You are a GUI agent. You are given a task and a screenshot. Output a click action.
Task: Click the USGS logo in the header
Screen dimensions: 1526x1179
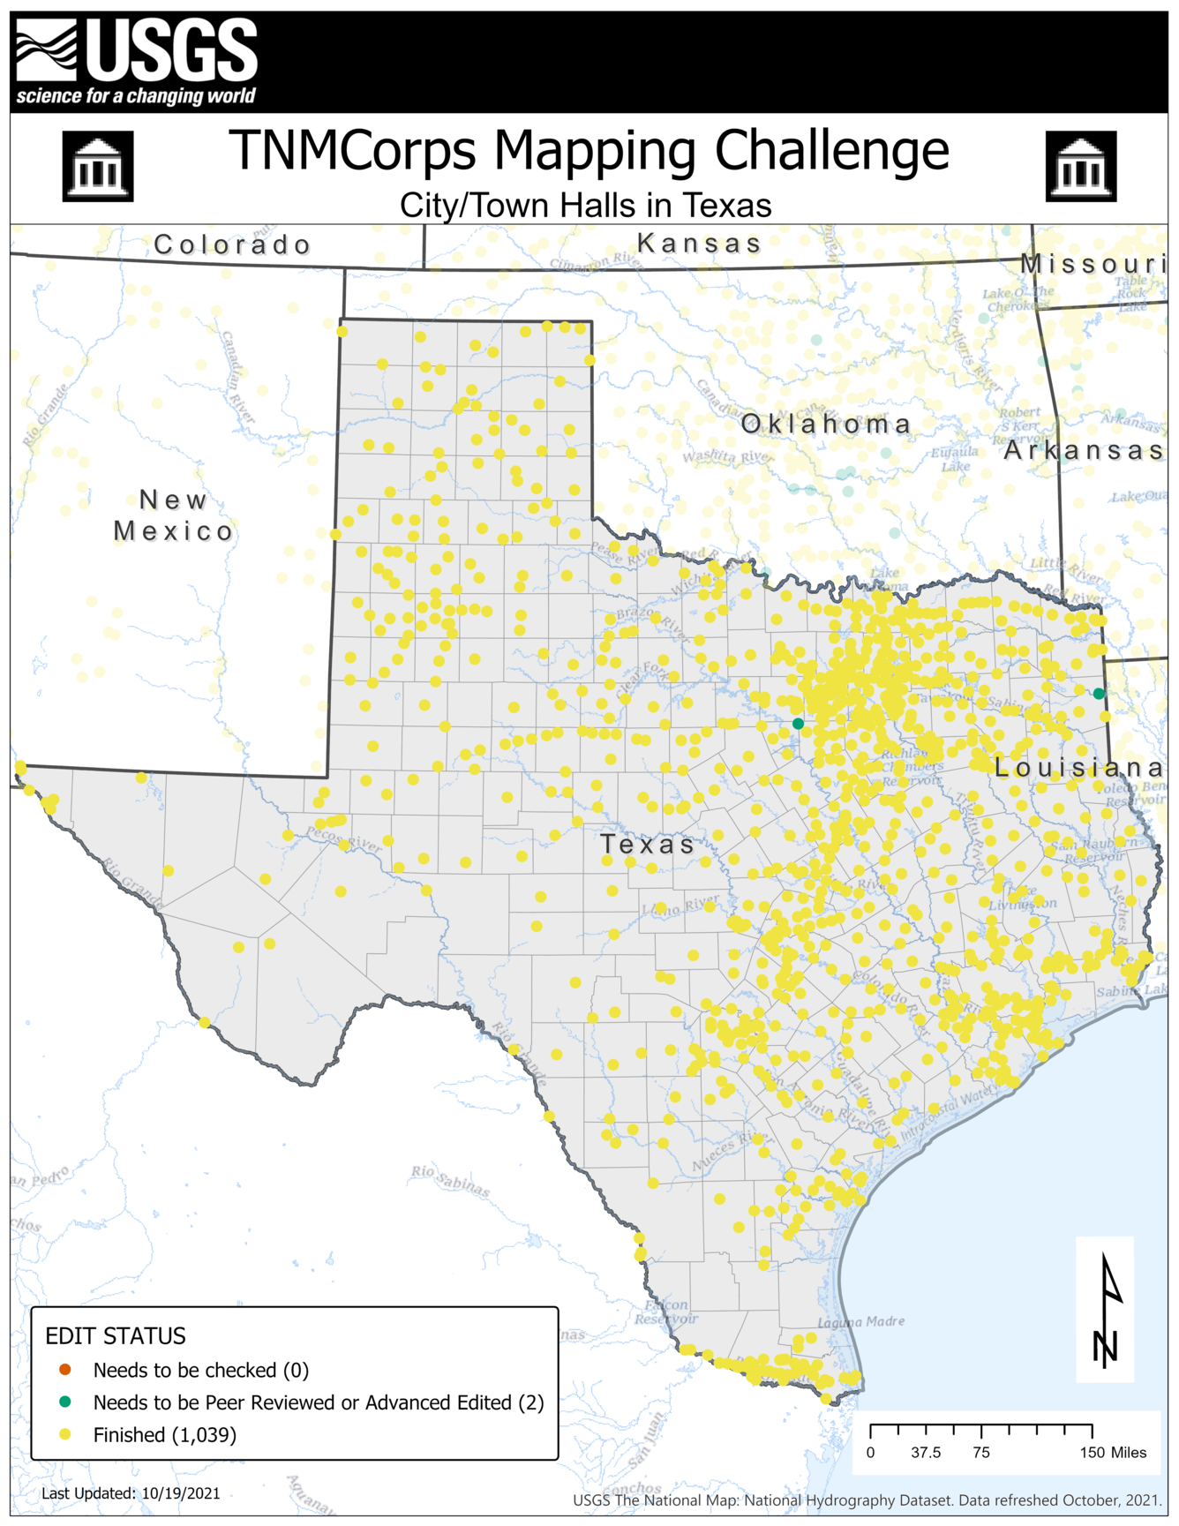(137, 62)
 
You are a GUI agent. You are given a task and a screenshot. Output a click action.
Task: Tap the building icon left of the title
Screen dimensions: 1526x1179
(98, 166)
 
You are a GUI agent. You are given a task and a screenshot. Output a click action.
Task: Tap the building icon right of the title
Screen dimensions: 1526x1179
(1081, 166)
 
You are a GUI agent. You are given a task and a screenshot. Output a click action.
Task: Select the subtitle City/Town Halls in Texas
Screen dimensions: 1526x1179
(585, 206)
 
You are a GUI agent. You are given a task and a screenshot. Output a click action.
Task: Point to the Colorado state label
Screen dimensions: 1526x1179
(232, 244)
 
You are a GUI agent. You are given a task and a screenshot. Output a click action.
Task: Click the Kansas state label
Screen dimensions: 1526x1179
(699, 243)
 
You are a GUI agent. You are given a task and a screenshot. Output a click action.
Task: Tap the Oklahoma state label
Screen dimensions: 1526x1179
(826, 425)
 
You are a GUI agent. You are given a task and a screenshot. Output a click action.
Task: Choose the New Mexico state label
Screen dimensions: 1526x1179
(173, 515)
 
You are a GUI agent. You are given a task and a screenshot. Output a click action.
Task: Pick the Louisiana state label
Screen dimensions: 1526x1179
(1078, 768)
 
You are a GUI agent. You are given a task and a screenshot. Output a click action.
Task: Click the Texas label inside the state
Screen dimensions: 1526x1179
(648, 845)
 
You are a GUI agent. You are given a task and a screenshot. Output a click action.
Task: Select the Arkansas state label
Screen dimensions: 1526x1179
(1083, 450)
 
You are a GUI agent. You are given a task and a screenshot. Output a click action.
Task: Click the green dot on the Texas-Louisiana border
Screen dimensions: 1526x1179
(1099, 694)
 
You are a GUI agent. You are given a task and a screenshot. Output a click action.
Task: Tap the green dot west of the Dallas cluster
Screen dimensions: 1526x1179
(798, 724)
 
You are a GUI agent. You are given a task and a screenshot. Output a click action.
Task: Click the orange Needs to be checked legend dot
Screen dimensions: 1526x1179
(65, 1370)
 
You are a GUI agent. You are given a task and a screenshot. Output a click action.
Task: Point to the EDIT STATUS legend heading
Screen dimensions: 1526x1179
(116, 1336)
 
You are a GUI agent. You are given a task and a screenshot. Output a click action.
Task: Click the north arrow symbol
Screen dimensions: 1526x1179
(1107, 1310)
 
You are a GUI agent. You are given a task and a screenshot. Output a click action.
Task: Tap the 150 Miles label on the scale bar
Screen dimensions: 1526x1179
(1113, 1453)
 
